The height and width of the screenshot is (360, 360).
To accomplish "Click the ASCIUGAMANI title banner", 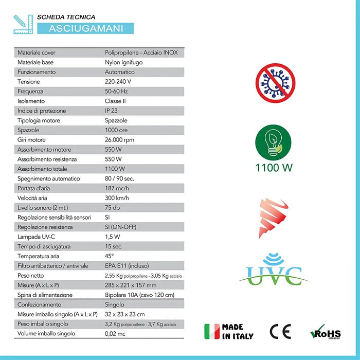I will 86,28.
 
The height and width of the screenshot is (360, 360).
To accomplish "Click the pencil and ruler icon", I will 23,24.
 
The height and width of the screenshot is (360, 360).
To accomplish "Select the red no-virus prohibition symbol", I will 275,82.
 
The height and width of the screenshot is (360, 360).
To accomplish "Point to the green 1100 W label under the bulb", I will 275,167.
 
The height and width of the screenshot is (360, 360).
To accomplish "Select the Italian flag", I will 211,332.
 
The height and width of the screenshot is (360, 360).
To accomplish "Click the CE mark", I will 280,332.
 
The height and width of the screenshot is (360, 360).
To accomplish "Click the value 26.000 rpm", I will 120,140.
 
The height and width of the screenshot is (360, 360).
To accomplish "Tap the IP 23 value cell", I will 113,111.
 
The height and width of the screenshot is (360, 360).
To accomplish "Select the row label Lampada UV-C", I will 37,237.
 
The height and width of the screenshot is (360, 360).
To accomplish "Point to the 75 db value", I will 113,208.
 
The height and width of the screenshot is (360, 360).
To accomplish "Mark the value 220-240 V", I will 118,82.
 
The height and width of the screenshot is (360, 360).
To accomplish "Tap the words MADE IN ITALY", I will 238,332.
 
